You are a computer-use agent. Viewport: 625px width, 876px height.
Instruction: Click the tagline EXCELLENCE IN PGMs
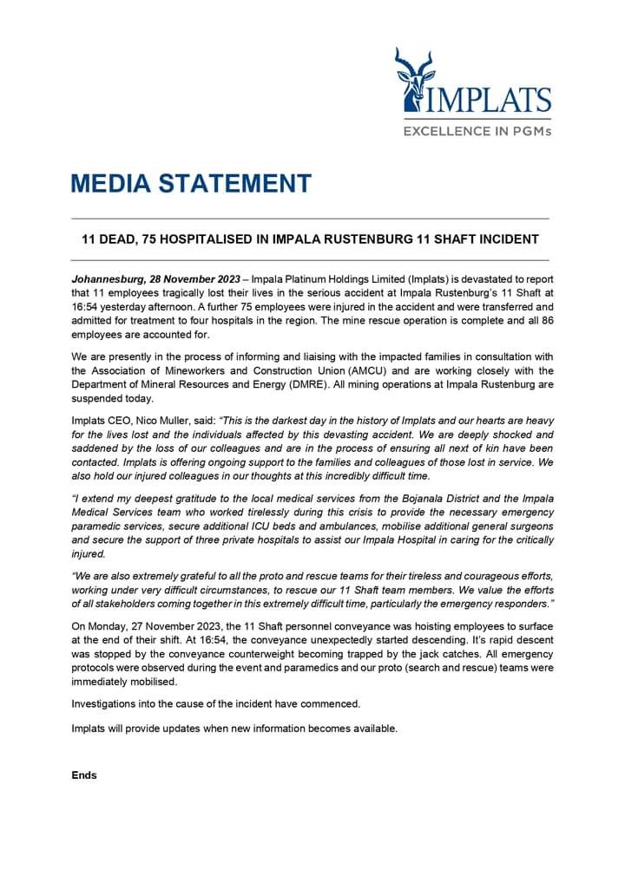pos(477,132)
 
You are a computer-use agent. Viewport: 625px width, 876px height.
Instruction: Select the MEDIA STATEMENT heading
pos(191,184)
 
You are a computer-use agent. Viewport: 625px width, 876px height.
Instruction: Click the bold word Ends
pos(84,775)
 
